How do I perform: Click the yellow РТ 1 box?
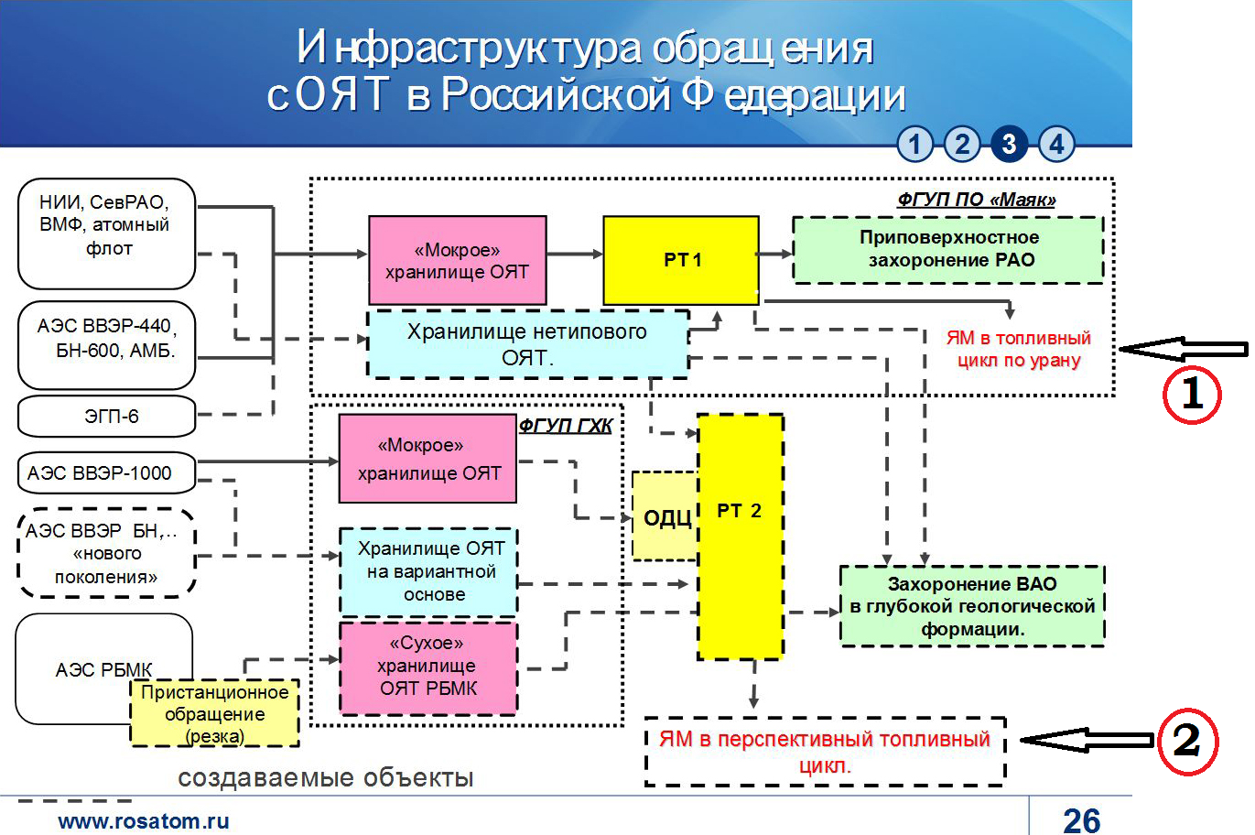[x=681, y=260]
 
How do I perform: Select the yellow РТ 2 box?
[x=740, y=537]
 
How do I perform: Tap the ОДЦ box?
[x=665, y=517]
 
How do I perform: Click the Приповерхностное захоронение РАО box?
[x=947, y=249]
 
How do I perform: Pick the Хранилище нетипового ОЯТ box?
[x=527, y=344]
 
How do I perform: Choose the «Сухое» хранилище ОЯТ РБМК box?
[x=428, y=667]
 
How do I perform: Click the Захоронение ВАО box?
[x=972, y=606]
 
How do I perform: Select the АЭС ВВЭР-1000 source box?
[x=107, y=473]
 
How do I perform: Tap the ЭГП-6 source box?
[x=107, y=417]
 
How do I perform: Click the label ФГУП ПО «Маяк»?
[x=976, y=200]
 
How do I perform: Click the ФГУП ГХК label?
[x=565, y=426]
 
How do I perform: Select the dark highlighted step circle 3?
[x=1009, y=144]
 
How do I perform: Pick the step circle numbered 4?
[x=1056, y=144]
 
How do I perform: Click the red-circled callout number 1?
[x=1191, y=394]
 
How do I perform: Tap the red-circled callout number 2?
[x=1187, y=740]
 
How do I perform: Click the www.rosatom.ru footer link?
[x=144, y=821]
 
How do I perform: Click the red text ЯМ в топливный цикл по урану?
[x=1018, y=349]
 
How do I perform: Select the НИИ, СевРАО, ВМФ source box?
[x=107, y=233]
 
